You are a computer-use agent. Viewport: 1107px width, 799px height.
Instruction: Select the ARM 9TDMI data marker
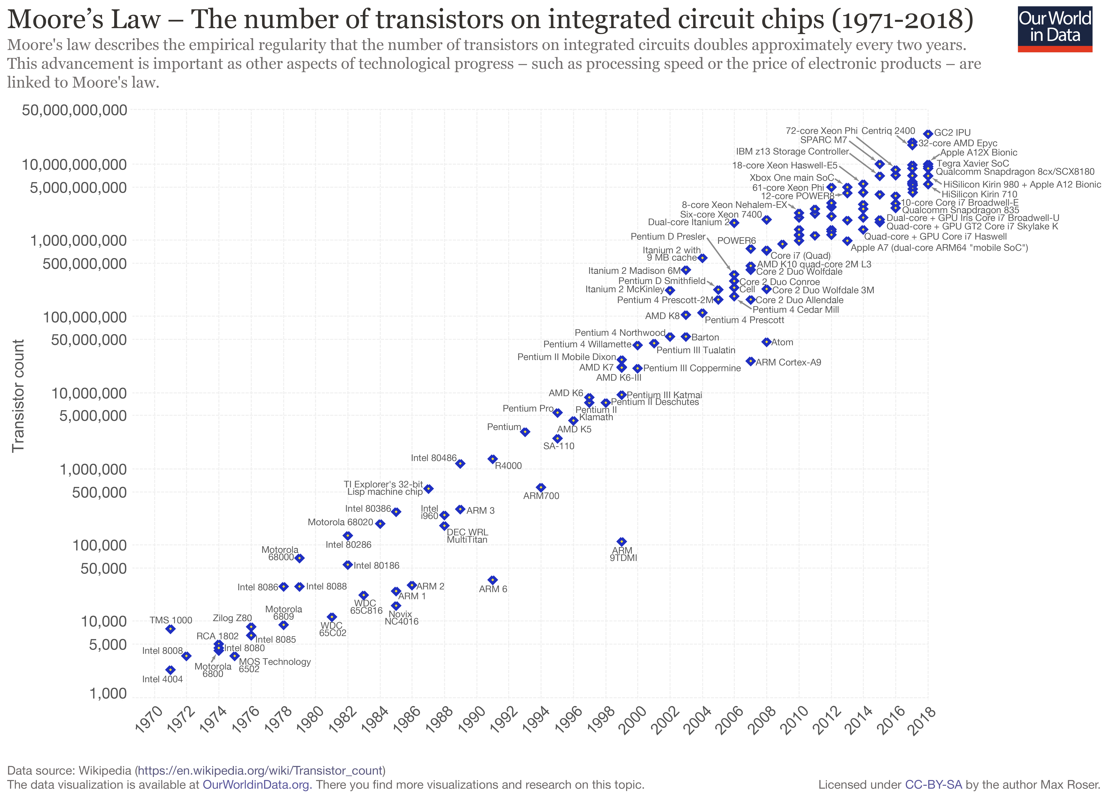[621, 541]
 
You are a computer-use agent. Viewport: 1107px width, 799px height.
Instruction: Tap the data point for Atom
[766, 342]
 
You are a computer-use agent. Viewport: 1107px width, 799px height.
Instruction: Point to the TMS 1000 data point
[170, 629]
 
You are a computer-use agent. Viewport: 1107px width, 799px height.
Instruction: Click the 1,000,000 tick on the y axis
[93, 469]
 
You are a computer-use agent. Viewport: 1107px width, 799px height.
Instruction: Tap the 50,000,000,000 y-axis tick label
[75, 110]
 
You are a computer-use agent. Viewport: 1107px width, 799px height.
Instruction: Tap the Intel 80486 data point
[460, 463]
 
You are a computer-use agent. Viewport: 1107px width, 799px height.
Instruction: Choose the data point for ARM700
[541, 487]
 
